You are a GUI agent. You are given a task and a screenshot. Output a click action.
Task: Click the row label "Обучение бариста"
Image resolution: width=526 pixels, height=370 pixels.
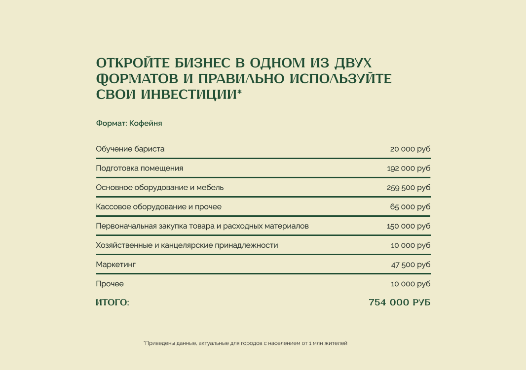pos(130,149)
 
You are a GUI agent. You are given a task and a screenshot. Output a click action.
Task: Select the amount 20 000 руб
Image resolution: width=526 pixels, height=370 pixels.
pos(410,149)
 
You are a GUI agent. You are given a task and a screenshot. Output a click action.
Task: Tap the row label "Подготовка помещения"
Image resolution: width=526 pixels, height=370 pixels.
pos(139,168)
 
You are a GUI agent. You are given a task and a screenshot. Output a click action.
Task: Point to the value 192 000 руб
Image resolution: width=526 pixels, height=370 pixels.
pos(409,168)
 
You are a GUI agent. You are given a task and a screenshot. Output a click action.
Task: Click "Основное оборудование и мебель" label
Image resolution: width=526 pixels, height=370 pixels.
pos(160,188)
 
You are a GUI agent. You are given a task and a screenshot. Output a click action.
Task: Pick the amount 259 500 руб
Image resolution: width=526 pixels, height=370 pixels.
pos(409,188)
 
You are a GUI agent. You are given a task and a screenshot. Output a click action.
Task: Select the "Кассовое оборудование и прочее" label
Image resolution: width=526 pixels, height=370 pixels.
pos(159,207)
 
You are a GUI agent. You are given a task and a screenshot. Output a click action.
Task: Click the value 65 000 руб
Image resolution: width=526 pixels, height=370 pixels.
pos(410,207)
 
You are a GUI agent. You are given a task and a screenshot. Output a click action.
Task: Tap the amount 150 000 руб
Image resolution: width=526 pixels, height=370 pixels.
pos(409,226)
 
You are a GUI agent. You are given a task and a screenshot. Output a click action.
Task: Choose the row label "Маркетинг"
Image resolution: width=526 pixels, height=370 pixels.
pos(115,265)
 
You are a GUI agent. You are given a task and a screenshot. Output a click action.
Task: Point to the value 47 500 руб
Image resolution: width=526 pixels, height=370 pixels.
pos(411,265)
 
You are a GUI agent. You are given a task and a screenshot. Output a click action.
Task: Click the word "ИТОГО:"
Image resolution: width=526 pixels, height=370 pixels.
pos(113,303)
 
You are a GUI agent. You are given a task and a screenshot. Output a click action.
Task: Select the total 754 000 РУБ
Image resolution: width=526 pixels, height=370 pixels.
pos(399,303)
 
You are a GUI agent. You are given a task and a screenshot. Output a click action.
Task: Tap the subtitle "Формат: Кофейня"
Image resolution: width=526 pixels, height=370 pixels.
pos(129,123)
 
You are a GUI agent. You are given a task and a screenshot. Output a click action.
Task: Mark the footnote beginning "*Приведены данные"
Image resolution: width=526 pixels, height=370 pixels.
pos(245,343)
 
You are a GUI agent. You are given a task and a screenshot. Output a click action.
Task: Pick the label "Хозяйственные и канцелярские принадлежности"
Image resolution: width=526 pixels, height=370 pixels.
pos(187,245)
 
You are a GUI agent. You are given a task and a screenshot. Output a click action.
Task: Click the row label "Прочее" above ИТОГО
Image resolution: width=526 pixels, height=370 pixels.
pos(110,284)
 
